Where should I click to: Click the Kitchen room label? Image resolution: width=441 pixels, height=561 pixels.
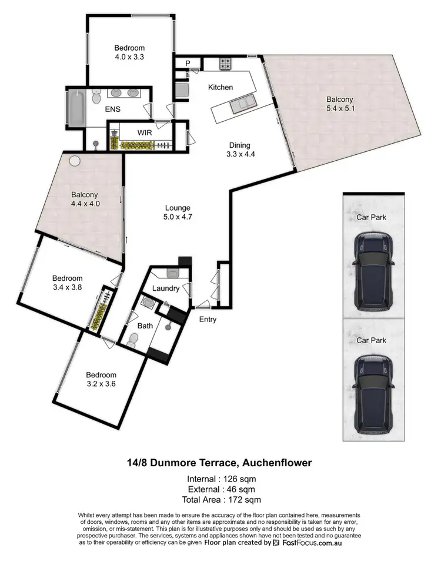pos(220,87)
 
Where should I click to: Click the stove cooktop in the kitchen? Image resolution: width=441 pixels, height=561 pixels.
pos(226,64)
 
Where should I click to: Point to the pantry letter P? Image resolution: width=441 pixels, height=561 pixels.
pos(188,63)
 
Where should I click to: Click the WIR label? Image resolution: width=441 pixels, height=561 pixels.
pos(145,132)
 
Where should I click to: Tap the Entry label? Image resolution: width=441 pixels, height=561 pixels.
pos(208,320)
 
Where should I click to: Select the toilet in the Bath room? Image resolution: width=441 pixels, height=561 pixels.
pos(133,340)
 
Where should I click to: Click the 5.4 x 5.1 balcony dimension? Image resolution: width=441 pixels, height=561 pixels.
pos(340,108)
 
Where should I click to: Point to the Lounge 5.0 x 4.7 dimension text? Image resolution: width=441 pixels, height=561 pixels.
pos(178,217)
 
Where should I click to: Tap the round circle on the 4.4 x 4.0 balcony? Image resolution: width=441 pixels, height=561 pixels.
pos(75,160)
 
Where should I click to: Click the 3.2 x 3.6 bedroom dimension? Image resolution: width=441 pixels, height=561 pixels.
pos(101,384)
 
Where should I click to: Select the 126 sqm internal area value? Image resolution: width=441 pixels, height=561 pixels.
pos(242,479)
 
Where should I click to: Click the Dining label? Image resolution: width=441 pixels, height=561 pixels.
pos(240,145)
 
